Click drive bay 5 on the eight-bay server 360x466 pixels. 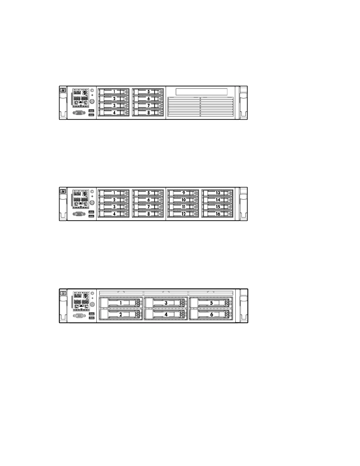(x=148, y=92)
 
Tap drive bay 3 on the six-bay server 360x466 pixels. (x=166, y=303)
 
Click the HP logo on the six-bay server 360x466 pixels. (x=63, y=293)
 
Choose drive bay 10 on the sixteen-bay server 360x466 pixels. (x=183, y=200)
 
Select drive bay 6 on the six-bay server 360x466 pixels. (x=211, y=314)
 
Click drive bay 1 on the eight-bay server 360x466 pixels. (x=114, y=92)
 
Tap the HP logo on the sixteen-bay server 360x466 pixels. (x=63, y=192)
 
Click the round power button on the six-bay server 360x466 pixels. (x=92, y=304)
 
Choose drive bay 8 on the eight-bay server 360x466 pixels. (x=148, y=113)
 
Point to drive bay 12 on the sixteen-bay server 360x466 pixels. (x=183, y=214)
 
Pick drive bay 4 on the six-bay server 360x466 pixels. (x=166, y=314)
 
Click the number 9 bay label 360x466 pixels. (x=184, y=193)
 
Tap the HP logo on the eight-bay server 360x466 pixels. (x=63, y=91)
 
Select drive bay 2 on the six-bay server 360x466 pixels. (x=121, y=314)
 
